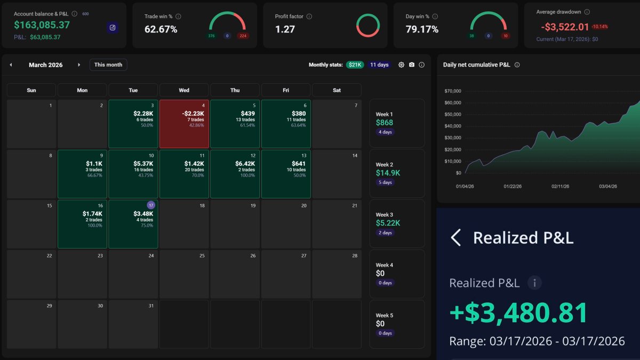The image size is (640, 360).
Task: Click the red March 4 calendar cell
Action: pos(184,124)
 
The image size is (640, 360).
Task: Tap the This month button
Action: pos(108,65)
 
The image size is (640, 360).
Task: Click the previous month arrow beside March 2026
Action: pos(11,65)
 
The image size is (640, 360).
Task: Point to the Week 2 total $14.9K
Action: pos(388,173)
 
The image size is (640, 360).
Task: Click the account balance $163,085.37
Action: pos(42,25)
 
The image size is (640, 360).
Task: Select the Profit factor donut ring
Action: pos(367,25)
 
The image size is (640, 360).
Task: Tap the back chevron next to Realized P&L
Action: pos(455,237)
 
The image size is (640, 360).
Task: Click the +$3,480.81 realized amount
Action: pos(518,313)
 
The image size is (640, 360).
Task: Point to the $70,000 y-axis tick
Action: pos(452,91)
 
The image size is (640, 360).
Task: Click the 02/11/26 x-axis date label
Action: pos(560,187)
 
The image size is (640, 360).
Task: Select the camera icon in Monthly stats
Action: pos(412,65)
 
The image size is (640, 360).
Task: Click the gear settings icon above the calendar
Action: pos(402,65)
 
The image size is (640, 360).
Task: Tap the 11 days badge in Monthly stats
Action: pos(379,65)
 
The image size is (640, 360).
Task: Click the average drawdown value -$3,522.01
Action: pos(565,27)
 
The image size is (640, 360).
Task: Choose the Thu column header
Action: pos(235,90)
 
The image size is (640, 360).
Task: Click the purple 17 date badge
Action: pos(151,205)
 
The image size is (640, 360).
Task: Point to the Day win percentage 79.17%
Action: pos(422,29)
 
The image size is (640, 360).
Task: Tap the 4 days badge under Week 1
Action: pos(385,132)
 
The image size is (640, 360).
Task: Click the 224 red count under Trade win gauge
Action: pos(244,36)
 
